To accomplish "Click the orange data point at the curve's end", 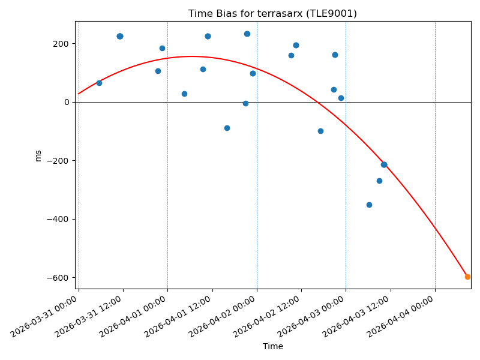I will (x=467, y=277).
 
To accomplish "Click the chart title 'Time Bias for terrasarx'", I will (x=272, y=14).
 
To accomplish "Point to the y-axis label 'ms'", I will (x=38, y=155).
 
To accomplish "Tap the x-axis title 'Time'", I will (x=272, y=346).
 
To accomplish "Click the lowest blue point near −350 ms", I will (x=369, y=205).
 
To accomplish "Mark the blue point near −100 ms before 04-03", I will (x=320, y=131).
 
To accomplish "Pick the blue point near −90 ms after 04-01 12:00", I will (x=227, y=128).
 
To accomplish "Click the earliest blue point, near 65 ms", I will (x=99, y=83).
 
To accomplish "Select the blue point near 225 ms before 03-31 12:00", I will (x=120, y=36).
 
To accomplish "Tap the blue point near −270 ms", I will (x=379, y=181).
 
